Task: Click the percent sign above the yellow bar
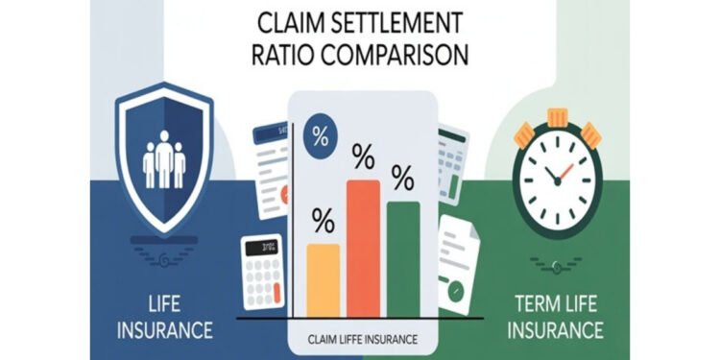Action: (323, 222)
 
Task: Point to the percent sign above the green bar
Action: (402, 179)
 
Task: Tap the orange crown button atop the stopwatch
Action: (559, 117)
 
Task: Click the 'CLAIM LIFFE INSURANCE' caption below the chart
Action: (362, 339)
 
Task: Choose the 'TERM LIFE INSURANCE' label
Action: (556, 320)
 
